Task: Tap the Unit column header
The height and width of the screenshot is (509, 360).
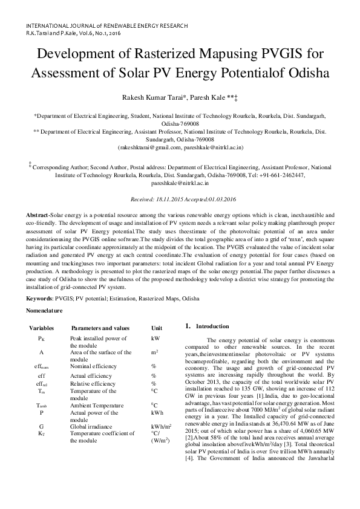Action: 157,328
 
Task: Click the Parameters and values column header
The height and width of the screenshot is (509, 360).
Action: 100,328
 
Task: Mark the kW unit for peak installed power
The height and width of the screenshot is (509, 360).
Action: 155,339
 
